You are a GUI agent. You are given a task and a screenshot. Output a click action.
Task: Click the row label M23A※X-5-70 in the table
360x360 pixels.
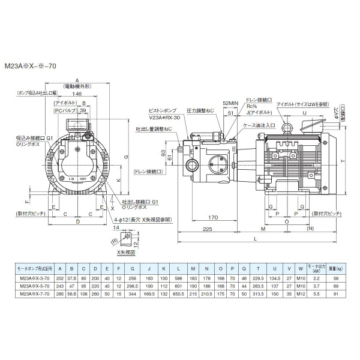point(38,287)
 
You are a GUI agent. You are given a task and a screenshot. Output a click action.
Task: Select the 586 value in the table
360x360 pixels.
point(179,280)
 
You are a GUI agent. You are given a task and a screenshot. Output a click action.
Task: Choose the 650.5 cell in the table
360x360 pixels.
point(179,295)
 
